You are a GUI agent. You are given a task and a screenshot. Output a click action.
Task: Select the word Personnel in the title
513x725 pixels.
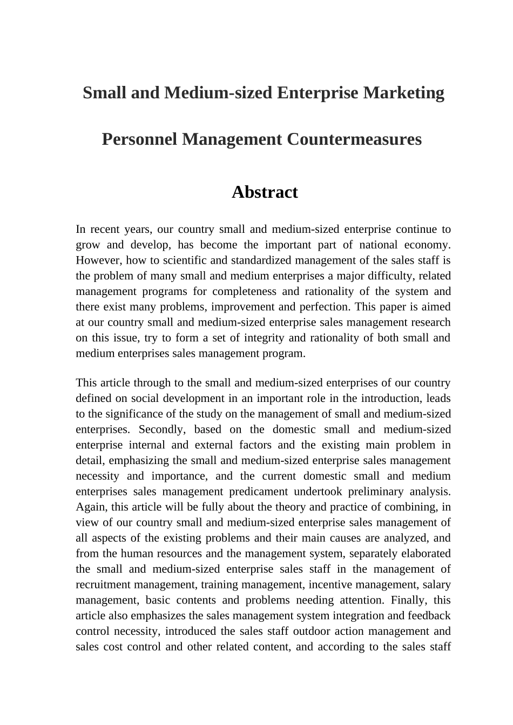click(x=138, y=139)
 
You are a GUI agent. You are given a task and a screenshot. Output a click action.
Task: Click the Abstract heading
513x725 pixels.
click(x=265, y=192)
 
